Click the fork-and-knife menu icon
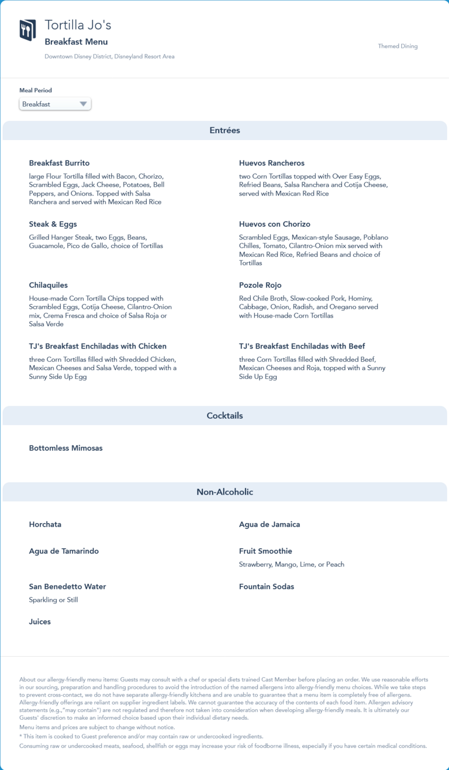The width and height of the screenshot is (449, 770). (27, 30)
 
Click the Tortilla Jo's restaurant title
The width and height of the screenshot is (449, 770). (78, 25)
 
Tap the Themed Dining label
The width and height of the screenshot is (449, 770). (398, 46)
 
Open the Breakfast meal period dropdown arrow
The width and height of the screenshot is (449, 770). (84, 104)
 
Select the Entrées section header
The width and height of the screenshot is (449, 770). (224, 131)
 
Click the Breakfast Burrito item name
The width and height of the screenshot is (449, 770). (59, 163)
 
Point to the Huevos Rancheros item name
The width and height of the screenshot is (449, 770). (272, 163)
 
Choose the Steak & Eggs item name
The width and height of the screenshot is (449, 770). (53, 224)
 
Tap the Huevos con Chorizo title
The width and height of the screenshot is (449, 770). (275, 224)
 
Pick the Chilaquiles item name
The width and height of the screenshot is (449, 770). (49, 285)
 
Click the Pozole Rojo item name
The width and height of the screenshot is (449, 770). (260, 285)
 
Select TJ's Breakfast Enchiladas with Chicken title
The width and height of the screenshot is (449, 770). (98, 346)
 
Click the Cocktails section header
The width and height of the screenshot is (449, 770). (224, 416)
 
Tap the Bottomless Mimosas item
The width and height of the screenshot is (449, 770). (65, 448)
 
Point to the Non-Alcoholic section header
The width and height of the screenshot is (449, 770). (224, 492)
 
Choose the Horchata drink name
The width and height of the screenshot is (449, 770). (45, 524)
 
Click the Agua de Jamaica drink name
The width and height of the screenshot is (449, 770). (270, 524)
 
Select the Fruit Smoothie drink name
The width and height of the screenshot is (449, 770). (265, 551)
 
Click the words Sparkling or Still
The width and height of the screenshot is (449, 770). (53, 600)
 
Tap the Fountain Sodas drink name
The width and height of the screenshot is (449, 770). (267, 587)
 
